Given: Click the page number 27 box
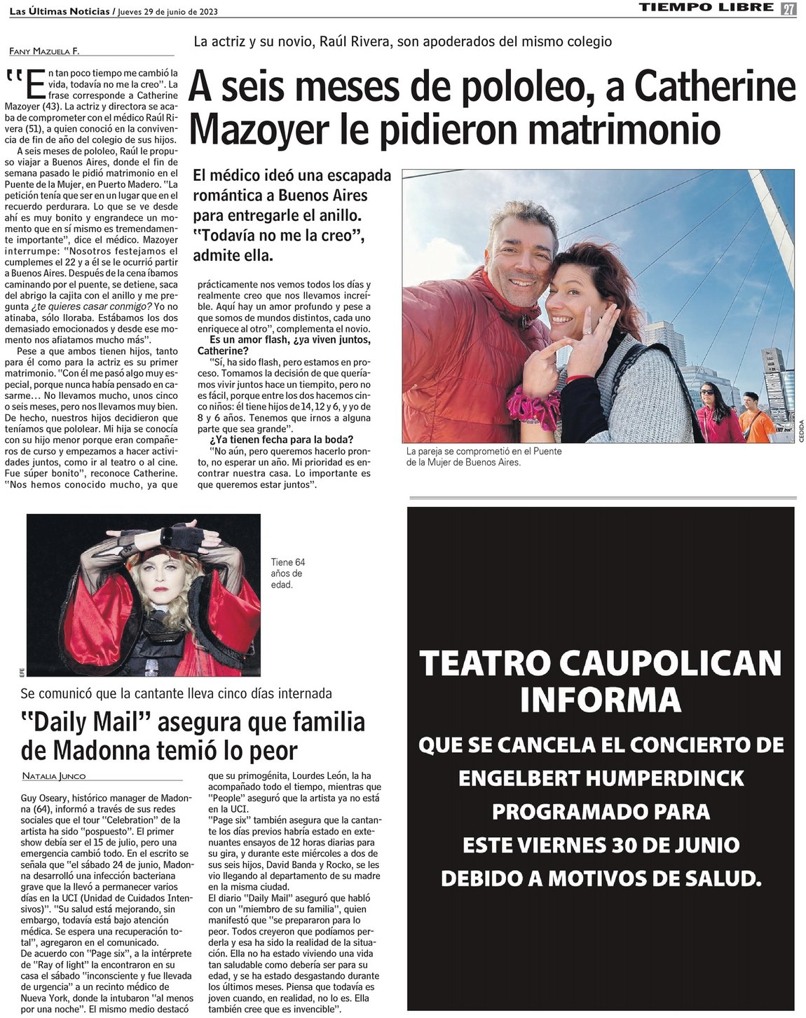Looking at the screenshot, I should point(789,9).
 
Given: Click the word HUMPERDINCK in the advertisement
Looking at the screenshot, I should point(659,778).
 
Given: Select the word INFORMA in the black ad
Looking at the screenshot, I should point(600,698).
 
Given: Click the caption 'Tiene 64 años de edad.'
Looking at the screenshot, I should point(287,573).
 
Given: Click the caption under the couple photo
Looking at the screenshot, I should point(484,457).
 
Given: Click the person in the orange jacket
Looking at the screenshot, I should point(756,421).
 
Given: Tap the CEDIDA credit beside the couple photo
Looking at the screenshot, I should point(800,430).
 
